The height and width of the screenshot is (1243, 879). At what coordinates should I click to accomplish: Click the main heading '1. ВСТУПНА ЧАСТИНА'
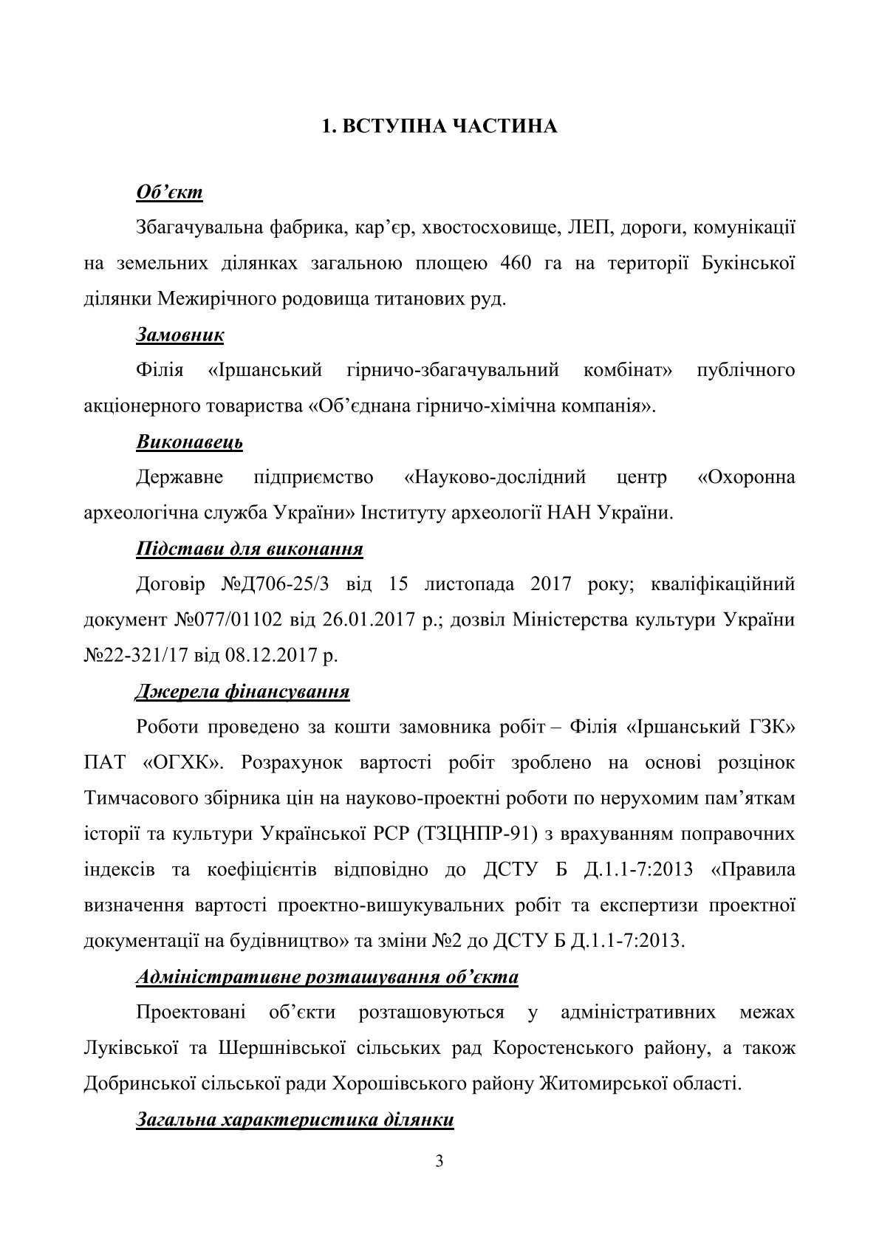pyautogui.click(x=439, y=127)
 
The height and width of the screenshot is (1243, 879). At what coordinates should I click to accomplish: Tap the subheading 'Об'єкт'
pyautogui.click(x=169, y=193)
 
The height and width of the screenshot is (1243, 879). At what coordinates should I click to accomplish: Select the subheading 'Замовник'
pyautogui.click(x=180, y=335)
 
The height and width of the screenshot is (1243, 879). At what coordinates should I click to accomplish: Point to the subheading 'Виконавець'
pyautogui.click(x=189, y=442)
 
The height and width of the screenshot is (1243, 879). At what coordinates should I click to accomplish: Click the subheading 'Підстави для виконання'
pyautogui.click(x=249, y=549)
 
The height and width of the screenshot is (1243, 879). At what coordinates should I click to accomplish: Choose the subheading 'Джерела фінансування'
pyautogui.click(x=242, y=692)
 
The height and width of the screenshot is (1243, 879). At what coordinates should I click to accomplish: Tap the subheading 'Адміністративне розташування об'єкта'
pyautogui.click(x=327, y=977)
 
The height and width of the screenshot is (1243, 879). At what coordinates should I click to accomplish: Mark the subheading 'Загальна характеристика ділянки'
pyautogui.click(x=295, y=1120)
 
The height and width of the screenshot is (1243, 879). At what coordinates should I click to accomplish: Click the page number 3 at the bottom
pyautogui.click(x=439, y=1162)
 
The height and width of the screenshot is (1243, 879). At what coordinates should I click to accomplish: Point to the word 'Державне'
pyautogui.click(x=179, y=477)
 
